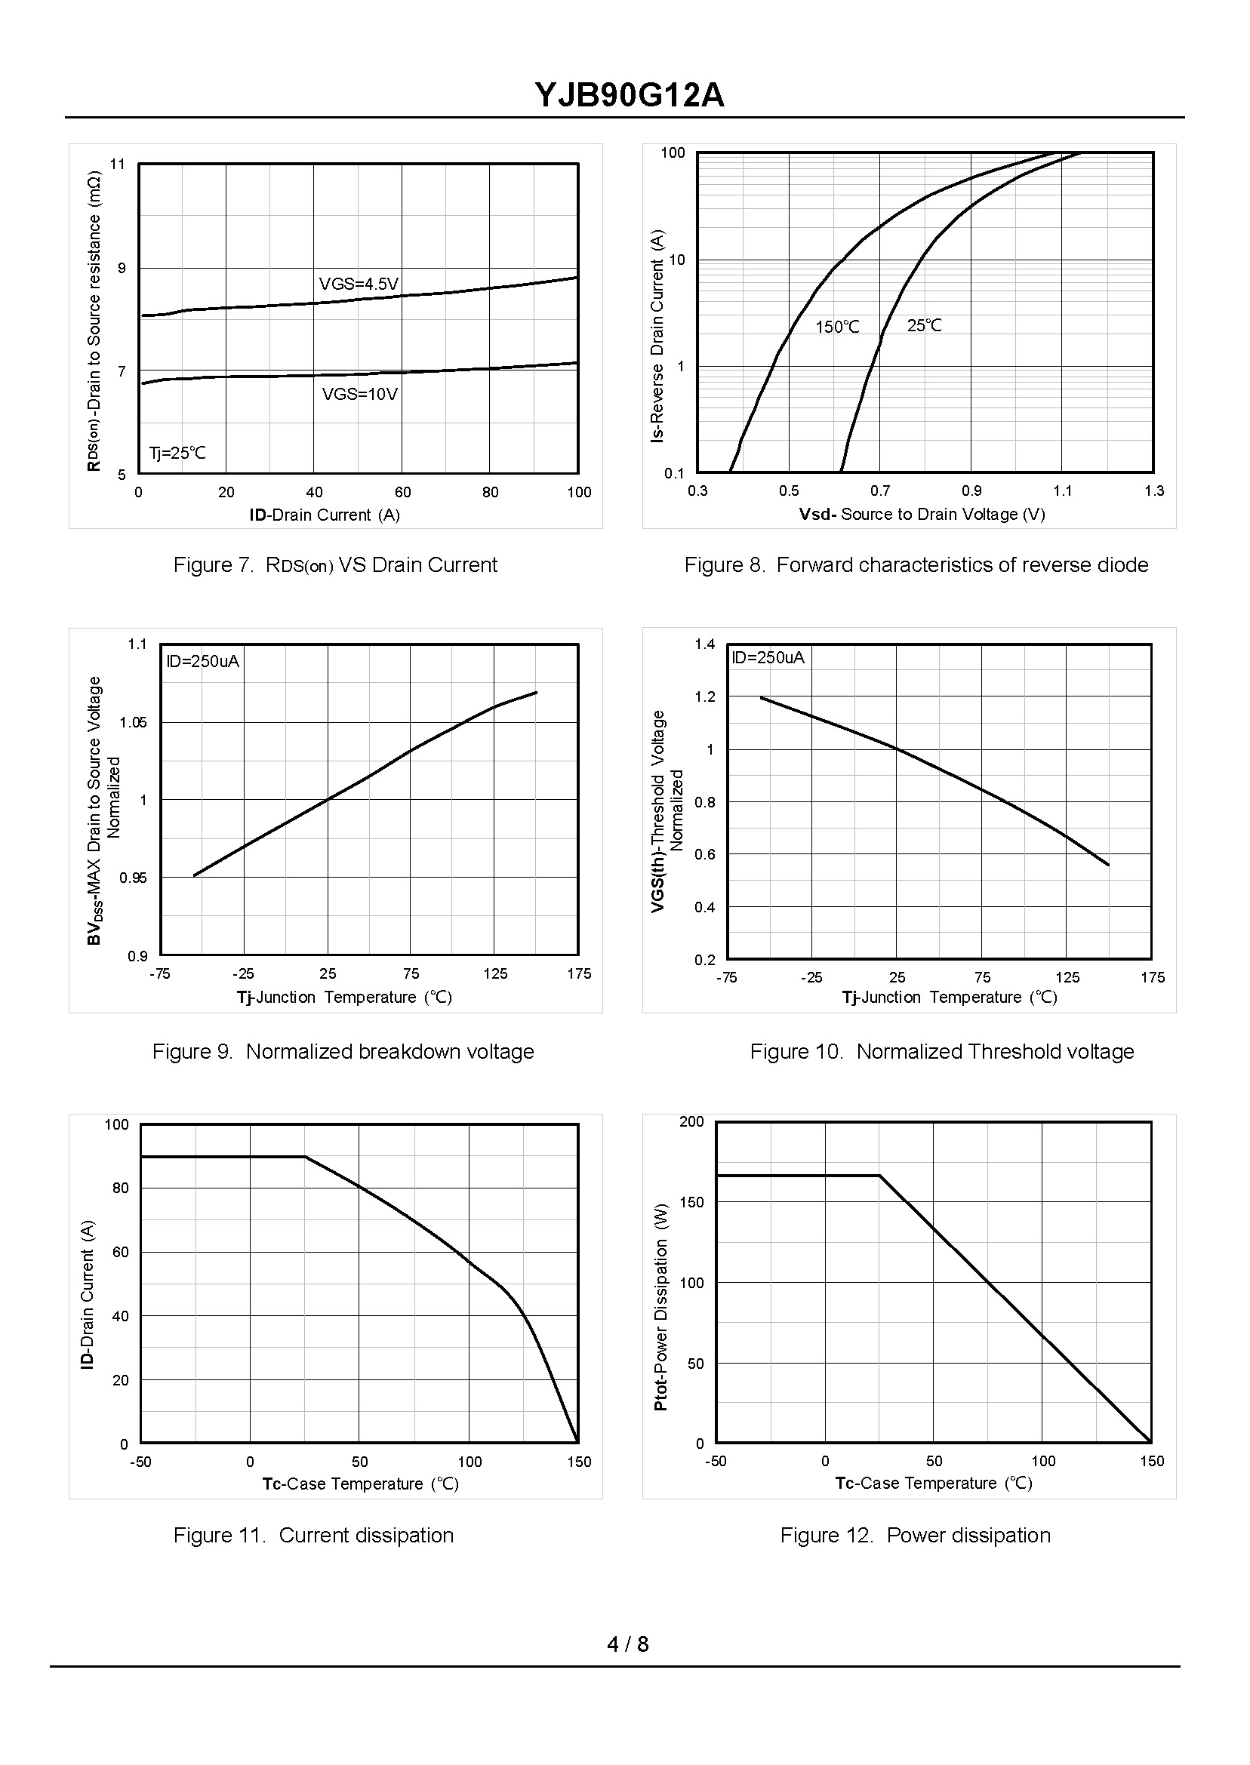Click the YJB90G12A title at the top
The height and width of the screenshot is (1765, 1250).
629,96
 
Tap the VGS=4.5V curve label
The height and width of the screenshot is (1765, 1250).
359,284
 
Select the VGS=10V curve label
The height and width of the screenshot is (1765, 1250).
359,395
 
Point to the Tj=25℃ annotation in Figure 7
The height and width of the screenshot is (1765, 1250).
178,453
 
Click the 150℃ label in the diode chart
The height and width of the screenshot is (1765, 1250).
836,327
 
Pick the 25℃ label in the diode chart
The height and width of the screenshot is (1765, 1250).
924,325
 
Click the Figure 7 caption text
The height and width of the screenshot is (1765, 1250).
335,564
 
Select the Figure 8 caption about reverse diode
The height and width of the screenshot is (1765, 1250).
916,564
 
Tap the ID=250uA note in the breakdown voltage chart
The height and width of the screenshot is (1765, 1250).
203,661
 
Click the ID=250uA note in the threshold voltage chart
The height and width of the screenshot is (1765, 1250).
768,657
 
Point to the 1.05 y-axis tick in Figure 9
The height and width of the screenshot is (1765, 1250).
133,722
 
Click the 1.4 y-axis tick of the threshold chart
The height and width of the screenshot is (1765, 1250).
704,644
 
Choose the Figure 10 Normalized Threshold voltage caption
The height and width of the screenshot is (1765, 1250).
941,1051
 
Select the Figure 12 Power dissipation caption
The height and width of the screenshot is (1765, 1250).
914,1535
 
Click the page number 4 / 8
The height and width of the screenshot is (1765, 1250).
627,1644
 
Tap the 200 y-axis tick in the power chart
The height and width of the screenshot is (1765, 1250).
691,1122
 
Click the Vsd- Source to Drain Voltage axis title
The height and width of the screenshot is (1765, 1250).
922,514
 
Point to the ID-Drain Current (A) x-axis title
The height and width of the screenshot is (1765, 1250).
324,515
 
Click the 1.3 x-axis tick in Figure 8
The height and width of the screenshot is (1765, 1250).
1153,491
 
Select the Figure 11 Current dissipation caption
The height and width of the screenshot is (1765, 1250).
313,1535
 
